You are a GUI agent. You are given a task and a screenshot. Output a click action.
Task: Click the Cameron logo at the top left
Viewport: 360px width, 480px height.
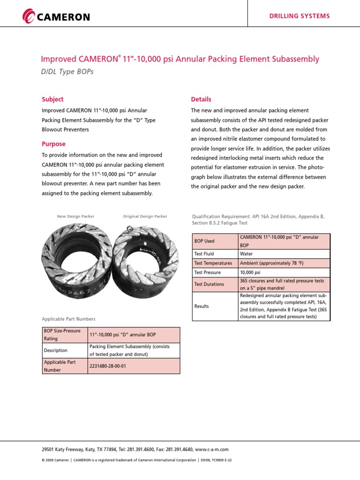(x=56, y=17)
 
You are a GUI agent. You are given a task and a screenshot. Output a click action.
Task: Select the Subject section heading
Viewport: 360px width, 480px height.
(x=52, y=99)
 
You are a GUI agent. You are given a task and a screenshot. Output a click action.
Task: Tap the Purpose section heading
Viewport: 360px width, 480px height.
(x=53, y=144)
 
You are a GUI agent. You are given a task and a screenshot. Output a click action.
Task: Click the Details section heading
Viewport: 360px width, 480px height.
(x=201, y=99)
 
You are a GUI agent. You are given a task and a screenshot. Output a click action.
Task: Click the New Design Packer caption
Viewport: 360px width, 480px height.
(x=75, y=217)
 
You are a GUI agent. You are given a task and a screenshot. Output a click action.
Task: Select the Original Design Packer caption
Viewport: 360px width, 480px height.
(x=145, y=217)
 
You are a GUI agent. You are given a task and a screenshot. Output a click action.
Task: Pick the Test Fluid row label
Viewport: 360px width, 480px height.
(x=204, y=254)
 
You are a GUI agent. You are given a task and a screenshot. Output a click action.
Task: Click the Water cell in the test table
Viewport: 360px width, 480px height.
(x=247, y=254)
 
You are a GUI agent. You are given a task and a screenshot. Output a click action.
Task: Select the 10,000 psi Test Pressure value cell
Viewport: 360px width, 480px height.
(x=250, y=272)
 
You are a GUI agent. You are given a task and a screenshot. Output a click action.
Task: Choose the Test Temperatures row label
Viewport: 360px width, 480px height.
(x=213, y=263)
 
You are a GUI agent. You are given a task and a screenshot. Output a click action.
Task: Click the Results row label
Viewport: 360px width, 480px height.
(x=202, y=306)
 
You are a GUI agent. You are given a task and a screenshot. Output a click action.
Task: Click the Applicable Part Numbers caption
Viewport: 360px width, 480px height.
(x=68, y=319)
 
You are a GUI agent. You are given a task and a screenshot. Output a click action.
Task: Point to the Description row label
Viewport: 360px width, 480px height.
(x=56, y=350)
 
